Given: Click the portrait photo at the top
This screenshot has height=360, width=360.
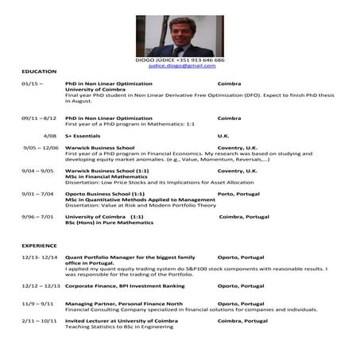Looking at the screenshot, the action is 180,35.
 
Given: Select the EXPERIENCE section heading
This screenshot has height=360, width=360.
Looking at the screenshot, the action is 40,246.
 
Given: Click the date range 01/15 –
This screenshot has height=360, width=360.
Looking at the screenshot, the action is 33,83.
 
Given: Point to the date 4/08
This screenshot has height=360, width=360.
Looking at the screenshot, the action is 49,136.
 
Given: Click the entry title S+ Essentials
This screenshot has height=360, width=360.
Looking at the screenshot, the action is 86,136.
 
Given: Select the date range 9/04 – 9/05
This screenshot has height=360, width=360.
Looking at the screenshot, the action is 38,171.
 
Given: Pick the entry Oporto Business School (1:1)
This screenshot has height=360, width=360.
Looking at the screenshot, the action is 105,194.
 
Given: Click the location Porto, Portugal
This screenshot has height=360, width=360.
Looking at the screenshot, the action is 237,194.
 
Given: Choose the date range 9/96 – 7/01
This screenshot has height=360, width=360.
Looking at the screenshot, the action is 38,217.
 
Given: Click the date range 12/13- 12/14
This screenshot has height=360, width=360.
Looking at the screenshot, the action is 40,257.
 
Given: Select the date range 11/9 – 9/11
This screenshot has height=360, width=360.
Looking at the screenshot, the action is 38,304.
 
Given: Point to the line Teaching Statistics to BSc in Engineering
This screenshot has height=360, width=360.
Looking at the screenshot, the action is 119,327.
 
